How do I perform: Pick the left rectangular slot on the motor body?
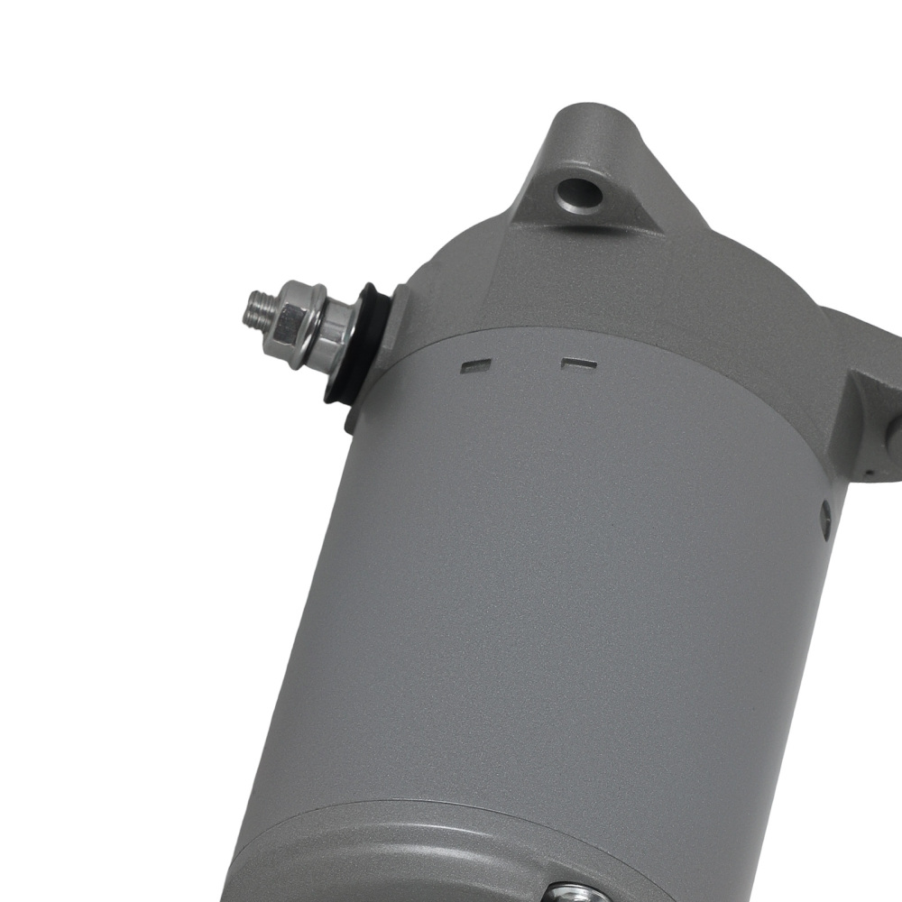(476, 366)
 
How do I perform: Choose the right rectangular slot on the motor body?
(578, 364)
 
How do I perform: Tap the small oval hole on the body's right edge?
(825, 514)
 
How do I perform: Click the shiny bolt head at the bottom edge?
(568, 893)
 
